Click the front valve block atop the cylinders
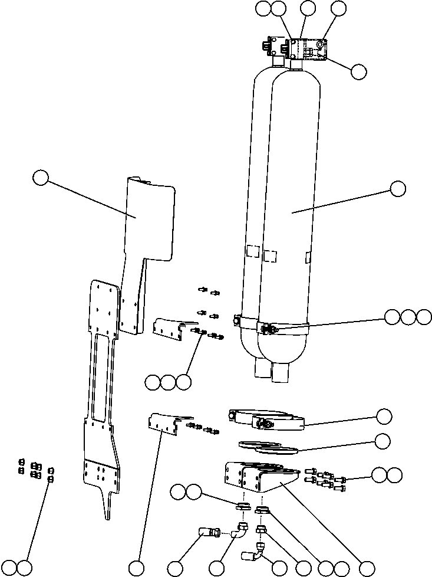coord(308,48)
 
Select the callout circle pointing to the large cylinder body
coord(398,189)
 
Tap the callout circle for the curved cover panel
coord(41,178)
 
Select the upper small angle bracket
coord(169,328)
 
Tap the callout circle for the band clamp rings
coord(384,416)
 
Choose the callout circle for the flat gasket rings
coord(383,441)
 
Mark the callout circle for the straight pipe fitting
coord(175,568)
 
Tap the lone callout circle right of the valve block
coord(358,71)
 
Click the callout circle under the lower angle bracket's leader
coord(137,568)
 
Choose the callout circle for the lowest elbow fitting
coord(304,568)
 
